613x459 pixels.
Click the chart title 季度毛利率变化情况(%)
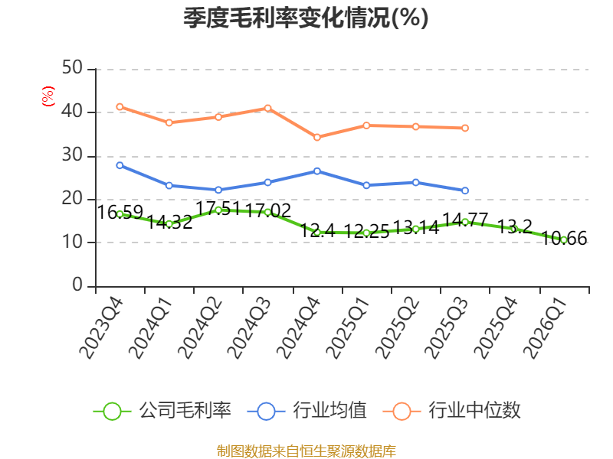306,18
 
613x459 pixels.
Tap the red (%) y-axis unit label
48,96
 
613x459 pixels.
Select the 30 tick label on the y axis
72,155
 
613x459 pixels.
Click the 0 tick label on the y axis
77,285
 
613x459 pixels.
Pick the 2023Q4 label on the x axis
101,328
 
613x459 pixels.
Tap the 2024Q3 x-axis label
248,328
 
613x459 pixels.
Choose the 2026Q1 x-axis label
545,328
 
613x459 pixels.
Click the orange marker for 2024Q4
317,138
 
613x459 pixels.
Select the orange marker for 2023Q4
120,107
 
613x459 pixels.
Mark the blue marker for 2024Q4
317,171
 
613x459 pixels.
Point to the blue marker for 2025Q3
465,190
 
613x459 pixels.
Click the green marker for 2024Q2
218,210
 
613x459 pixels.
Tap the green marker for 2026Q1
564,240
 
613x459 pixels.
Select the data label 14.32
169,222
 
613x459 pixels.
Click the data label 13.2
514,226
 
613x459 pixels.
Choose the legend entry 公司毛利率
162,411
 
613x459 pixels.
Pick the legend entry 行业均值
307,411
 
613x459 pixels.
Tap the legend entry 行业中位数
452,411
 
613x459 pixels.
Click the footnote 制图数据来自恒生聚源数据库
306,451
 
